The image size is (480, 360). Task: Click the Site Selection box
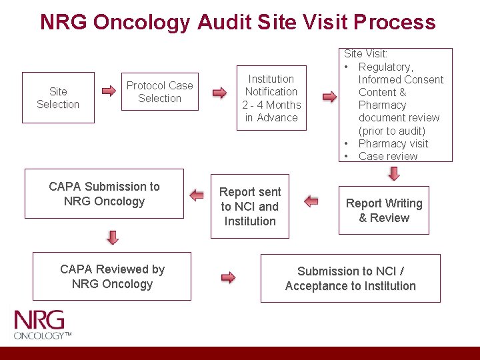pyautogui.click(x=58, y=98)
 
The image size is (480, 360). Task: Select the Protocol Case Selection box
pyautogui.click(x=160, y=92)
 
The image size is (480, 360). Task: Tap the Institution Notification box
pyautogui.click(x=271, y=98)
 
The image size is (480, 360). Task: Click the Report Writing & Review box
pyautogui.click(x=384, y=211)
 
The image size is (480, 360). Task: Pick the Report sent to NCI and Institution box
pyautogui.click(x=250, y=207)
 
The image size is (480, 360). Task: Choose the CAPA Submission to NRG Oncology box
pyautogui.click(x=104, y=194)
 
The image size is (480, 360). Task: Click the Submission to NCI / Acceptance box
pyautogui.click(x=350, y=279)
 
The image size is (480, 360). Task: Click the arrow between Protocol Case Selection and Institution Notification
pyautogui.click(x=219, y=93)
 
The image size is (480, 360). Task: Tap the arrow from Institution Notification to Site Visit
pyautogui.click(x=329, y=97)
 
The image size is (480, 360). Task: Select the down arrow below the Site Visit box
pyautogui.click(x=393, y=173)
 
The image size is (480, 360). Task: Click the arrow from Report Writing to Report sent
pyautogui.click(x=311, y=201)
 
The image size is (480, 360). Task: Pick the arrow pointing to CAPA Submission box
pyautogui.click(x=196, y=195)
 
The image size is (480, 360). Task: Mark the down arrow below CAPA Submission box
pyautogui.click(x=113, y=237)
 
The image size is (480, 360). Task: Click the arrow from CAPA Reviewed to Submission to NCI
pyautogui.click(x=228, y=277)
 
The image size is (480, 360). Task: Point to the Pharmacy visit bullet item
pyautogui.click(x=393, y=143)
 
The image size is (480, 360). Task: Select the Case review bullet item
pyautogui.click(x=387, y=156)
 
